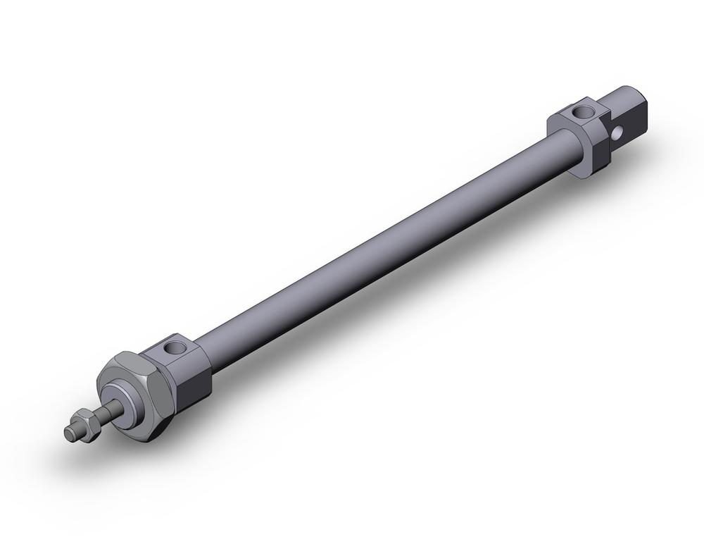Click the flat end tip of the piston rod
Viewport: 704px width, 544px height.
(69, 433)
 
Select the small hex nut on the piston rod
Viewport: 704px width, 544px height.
(83, 424)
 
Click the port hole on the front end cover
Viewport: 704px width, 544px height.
(173, 347)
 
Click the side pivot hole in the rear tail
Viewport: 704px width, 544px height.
(618, 132)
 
